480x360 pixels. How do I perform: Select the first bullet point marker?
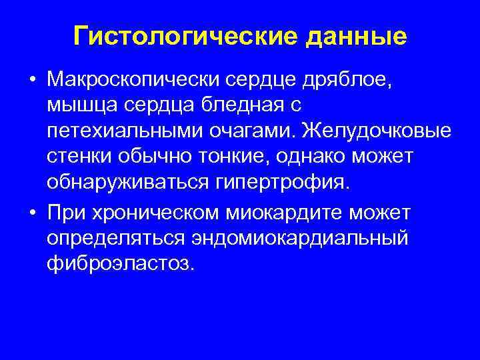click(x=32, y=81)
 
